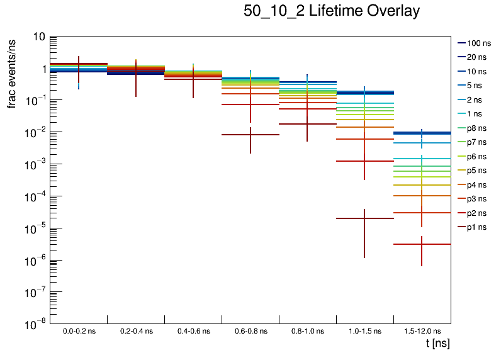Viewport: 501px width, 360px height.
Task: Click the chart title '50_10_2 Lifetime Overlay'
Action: tap(331, 11)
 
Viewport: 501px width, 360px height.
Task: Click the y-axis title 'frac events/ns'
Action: tap(13, 72)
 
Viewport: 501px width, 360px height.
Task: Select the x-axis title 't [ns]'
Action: tap(437, 344)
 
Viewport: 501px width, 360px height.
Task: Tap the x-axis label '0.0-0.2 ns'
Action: tap(79, 330)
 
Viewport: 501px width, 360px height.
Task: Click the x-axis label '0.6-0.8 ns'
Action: tap(250, 330)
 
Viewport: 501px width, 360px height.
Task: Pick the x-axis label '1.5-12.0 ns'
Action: tap(422, 330)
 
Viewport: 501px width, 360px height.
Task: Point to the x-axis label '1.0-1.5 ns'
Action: tap(364, 330)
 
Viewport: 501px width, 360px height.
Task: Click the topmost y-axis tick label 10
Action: tap(38, 37)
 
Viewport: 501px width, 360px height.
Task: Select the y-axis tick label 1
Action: tap(42, 69)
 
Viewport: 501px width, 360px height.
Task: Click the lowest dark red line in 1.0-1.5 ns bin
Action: tap(364, 218)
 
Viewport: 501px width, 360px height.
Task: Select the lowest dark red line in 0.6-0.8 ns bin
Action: tap(250, 135)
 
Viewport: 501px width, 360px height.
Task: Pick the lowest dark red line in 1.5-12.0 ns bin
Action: tap(422, 244)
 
